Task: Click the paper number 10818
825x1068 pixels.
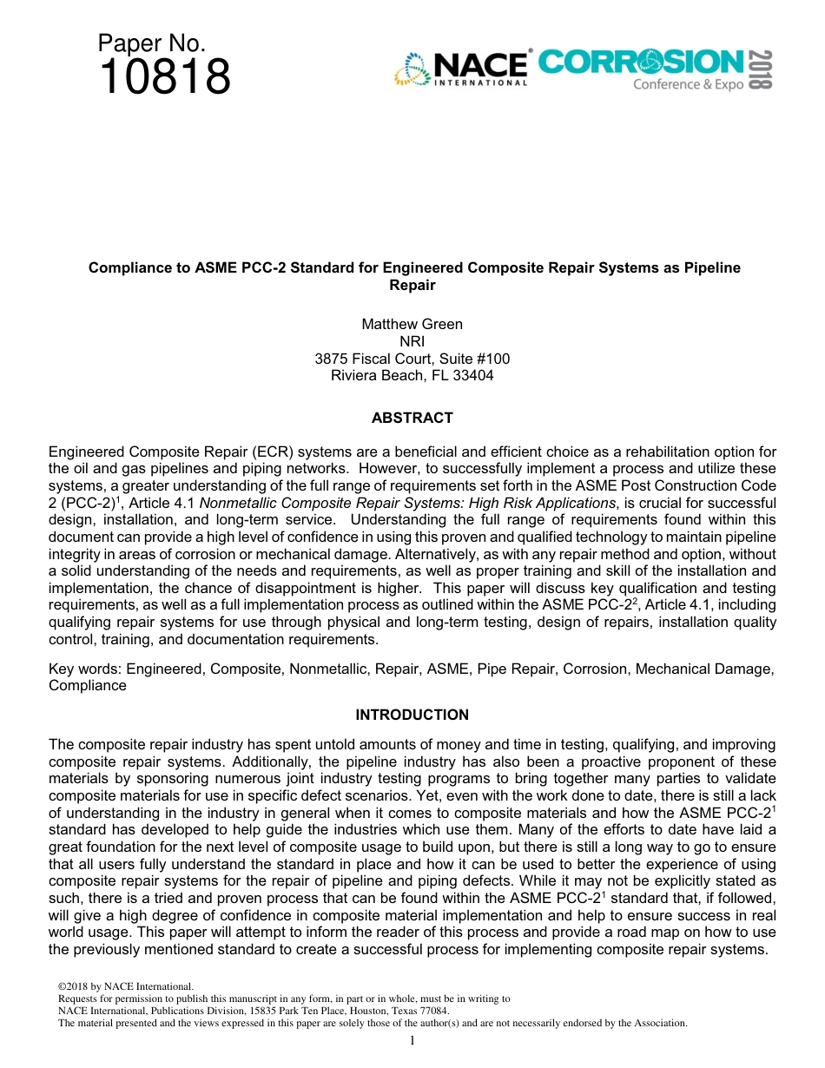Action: click(165, 77)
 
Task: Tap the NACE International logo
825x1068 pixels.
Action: click(461, 69)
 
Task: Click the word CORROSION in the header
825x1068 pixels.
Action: click(641, 62)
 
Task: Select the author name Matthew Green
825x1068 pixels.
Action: click(412, 324)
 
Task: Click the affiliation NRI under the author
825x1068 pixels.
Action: click(412, 341)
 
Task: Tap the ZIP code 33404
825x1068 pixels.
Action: click(473, 376)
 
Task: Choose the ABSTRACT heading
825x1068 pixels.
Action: click(412, 418)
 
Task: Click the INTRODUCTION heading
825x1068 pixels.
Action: click(412, 715)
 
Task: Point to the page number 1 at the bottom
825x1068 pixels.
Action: click(412, 1040)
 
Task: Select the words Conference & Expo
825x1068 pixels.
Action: click(688, 84)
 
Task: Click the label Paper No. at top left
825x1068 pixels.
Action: click(151, 43)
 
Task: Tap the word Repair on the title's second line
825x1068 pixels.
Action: click(412, 285)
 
